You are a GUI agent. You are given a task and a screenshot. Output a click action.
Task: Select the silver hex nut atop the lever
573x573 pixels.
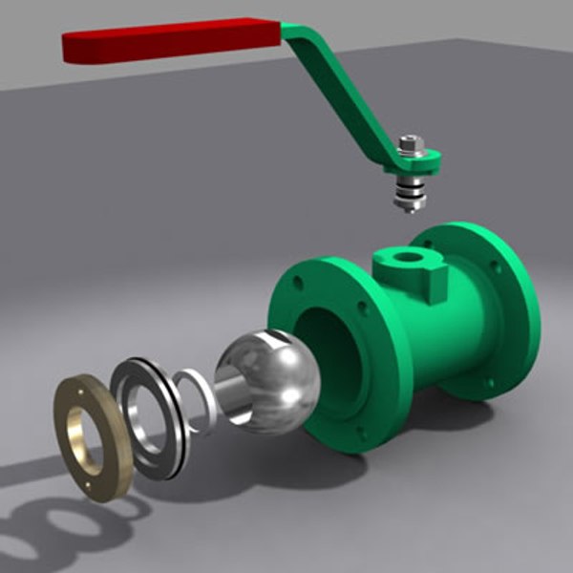point(411,144)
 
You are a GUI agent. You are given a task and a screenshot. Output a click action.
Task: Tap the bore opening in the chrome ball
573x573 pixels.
point(234,395)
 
